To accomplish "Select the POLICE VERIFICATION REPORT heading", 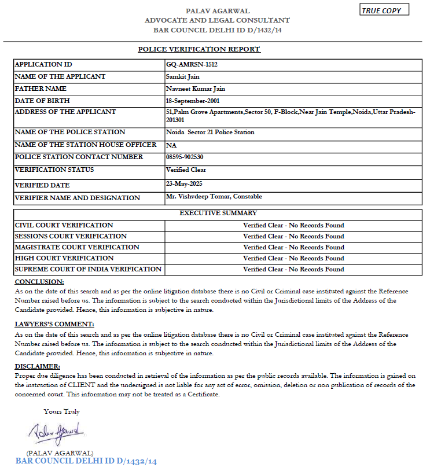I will pyautogui.click(x=199, y=49).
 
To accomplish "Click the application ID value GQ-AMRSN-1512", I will pyautogui.click(x=192, y=64).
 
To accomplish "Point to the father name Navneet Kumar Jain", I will pyautogui.click(x=195, y=89).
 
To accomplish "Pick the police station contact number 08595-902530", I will pyautogui.click(x=185, y=157).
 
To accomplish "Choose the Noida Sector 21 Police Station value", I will pyautogui.click(x=210, y=132).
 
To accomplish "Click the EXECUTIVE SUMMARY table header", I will pyautogui.click(x=218, y=213).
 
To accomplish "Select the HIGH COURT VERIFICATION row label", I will pyautogui.click(x=64, y=258).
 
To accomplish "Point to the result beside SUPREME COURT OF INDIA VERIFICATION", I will pyautogui.click(x=293, y=269).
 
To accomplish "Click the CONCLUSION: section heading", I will pyautogui.click(x=39, y=281).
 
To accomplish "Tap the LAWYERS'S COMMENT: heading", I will pyautogui.click(x=54, y=324).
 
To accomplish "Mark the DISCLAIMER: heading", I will pyautogui.click(x=37, y=366).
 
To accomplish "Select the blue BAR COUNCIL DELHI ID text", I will pyautogui.click(x=86, y=461).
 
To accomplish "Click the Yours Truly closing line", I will pyautogui.click(x=61, y=411).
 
